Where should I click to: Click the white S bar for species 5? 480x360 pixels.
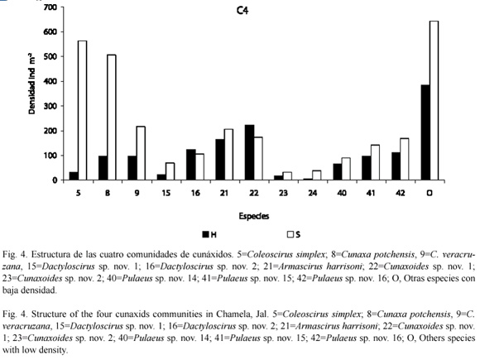tap(83, 110)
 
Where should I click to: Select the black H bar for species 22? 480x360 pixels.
tap(249, 152)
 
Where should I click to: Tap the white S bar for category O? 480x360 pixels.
tap(434, 100)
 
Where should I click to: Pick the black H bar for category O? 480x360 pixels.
tap(425, 132)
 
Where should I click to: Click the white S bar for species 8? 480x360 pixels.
tap(112, 118)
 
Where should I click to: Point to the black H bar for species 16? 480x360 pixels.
tap(191, 165)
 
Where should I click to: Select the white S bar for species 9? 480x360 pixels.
tap(141, 153)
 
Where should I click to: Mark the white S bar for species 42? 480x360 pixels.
tap(405, 159)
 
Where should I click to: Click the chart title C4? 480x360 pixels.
tap(242, 11)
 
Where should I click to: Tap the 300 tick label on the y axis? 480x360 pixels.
tap(50, 106)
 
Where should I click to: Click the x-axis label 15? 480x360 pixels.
tap(166, 193)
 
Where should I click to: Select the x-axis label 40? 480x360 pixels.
tap(342, 193)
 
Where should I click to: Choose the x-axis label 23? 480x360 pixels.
tap(283, 193)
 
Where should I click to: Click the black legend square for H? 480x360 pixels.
tap(205, 234)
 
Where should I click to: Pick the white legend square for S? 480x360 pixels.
tap(290, 234)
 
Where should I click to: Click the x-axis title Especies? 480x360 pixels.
tap(254, 217)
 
